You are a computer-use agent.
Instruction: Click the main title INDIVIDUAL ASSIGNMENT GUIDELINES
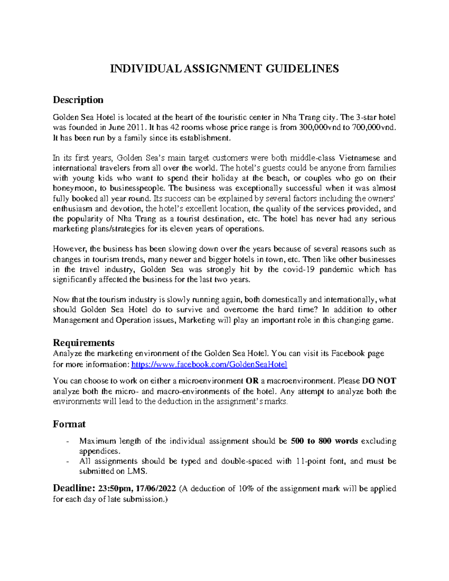coord(224,68)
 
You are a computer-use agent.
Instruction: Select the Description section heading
coord(78,100)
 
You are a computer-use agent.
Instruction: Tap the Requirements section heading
coord(83,343)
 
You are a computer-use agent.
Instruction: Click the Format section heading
coord(69,424)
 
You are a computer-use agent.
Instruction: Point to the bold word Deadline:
coord(74,488)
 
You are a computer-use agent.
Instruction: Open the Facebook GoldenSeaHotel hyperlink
coord(210,364)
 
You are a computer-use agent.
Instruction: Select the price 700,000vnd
coord(372,127)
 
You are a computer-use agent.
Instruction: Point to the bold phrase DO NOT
coord(379,381)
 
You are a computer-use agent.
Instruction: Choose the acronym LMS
coord(134,471)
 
